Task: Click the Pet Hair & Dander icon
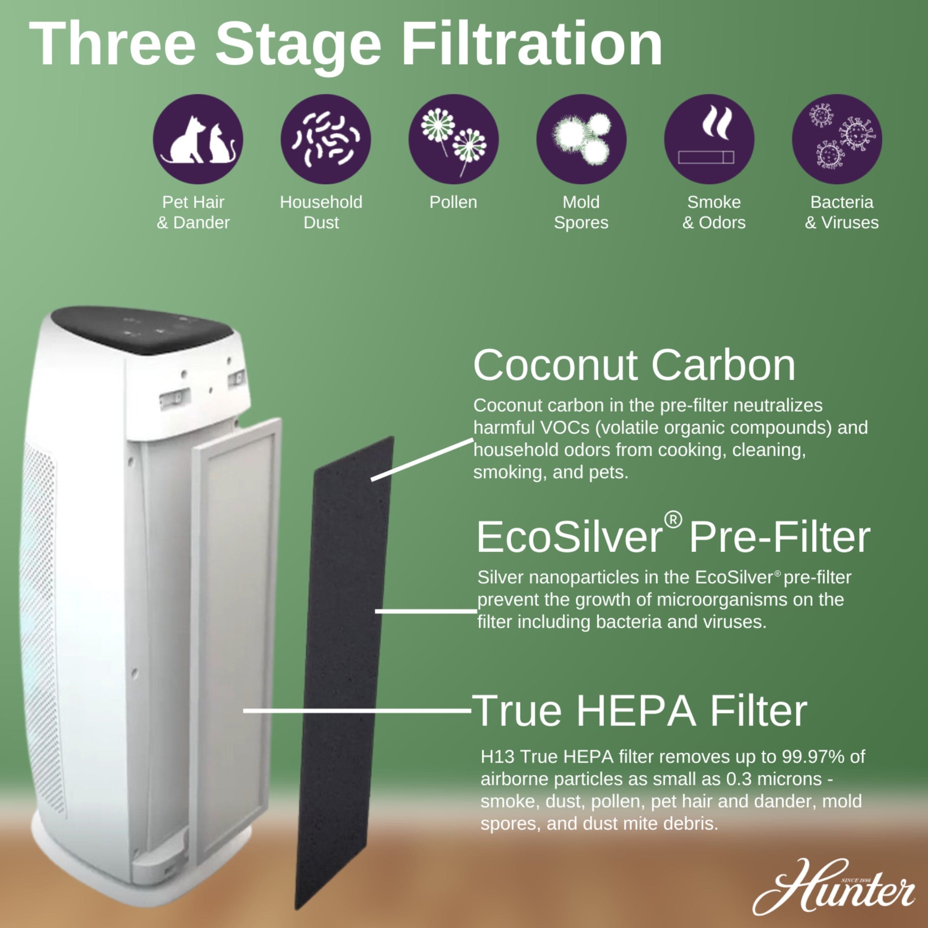point(198,139)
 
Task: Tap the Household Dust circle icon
point(326,139)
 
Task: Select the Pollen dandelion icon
point(454,139)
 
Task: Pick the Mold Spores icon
point(581,139)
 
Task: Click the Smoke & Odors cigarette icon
point(709,139)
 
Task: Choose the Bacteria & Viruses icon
point(837,139)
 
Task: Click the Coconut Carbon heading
point(634,366)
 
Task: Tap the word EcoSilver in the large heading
point(569,538)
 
